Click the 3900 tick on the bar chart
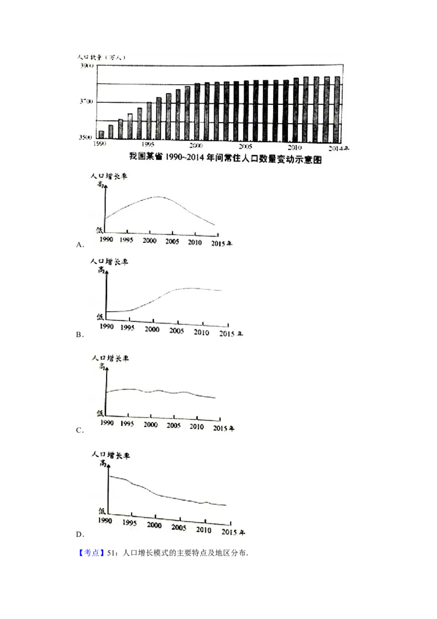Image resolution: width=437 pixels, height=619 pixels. tap(87, 66)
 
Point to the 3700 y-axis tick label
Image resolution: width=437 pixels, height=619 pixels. tap(87, 102)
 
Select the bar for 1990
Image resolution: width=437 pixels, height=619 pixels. tap(101, 135)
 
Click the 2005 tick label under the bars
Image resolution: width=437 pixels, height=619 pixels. tap(245, 147)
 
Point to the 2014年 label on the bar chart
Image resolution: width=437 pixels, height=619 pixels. tap(339, 148)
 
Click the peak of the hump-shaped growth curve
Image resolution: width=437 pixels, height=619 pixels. tap(158, 196)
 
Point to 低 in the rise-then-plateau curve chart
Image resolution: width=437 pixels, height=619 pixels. tap(100, 317)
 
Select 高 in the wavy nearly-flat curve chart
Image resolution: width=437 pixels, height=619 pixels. tap(101, 367)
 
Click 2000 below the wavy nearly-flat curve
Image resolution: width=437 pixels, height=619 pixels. tap(150, 425)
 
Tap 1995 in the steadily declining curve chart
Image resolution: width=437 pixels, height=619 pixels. tap(129, 522)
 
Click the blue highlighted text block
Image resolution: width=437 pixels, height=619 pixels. tap(91, 553)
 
